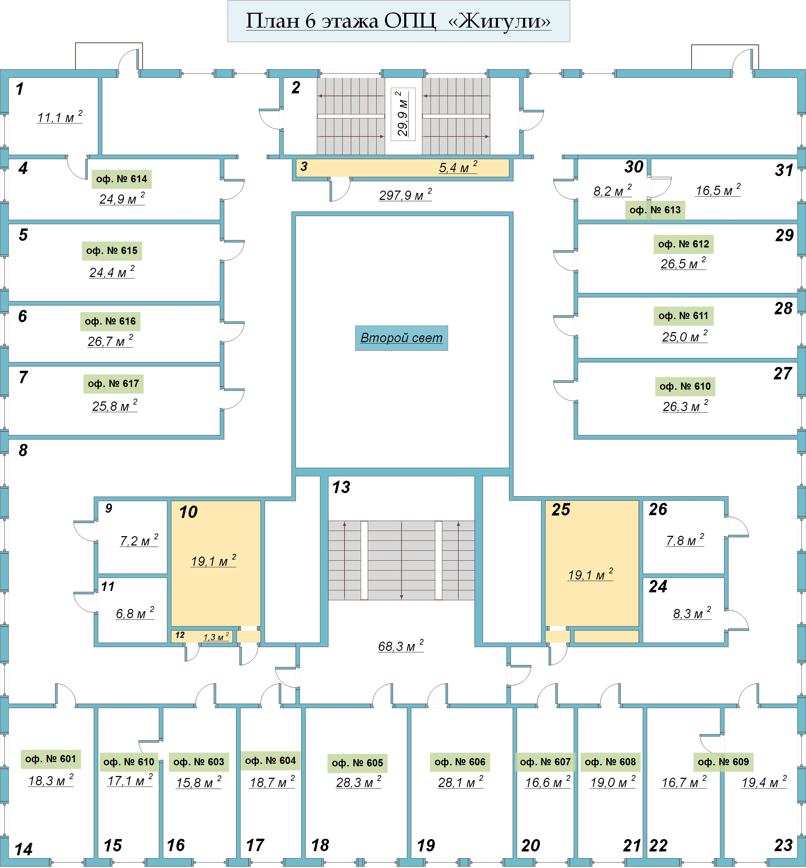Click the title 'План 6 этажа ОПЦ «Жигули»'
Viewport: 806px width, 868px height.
click(398, 21)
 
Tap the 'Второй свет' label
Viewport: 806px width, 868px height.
click(401, 338)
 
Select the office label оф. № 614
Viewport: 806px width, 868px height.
click(121, 179)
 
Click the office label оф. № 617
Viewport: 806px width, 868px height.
click(113, 384)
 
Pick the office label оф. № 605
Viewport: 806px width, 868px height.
click(357, 763)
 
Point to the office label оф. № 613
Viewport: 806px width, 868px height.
click(655, 210)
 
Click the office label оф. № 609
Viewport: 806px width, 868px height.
click(723, 762)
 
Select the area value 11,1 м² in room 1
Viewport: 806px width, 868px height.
click(59, 117)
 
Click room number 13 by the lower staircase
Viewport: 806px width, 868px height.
click(341, 487)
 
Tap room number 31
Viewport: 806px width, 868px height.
click(784, 170)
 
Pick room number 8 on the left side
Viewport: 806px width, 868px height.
click(23, 450)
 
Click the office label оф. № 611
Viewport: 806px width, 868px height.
click(683, 316)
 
